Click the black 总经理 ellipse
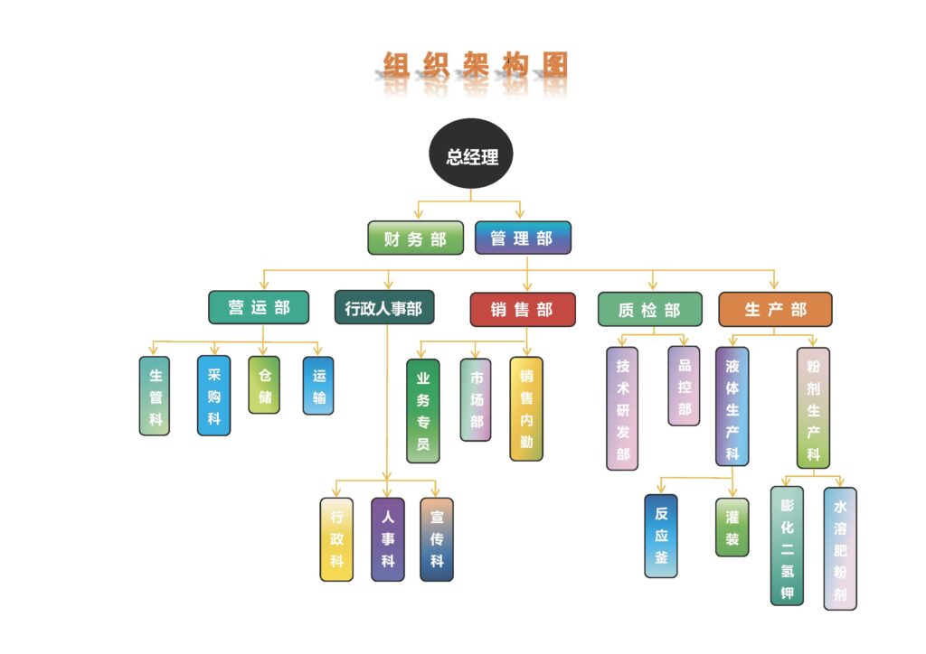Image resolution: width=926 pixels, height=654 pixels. click(x=471, y=156)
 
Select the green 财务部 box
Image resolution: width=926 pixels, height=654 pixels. click(x=415, y=238)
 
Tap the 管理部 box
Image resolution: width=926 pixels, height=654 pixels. click(x=523, y=238)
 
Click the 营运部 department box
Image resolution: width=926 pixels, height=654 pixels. click(x=259, y=307)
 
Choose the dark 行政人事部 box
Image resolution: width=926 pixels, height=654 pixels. click(x=383, y=307)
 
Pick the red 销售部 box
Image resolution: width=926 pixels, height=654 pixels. click(x=523, y=309)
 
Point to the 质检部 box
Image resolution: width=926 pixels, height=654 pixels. click(x=649, y=309)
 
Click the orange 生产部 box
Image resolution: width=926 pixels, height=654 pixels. click(x=775, y=309)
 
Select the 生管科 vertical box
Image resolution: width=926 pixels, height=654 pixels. click(x=155, y=396)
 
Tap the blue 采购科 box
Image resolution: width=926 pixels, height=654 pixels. click(x=213, y=396)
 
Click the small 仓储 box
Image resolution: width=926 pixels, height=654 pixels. click(x=264, y=385)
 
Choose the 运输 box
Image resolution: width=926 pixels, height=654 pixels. click(x=318, y=386)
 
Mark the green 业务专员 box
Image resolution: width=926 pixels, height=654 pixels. click(x=422, y=411)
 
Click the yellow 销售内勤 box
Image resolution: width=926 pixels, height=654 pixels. click(x=526, y=409)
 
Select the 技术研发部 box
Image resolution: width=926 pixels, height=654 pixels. click(x=622, y=408)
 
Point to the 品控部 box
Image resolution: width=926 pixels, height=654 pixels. click(x=684, y=386)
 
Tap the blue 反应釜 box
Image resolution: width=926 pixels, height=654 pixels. click(x=661, y=536)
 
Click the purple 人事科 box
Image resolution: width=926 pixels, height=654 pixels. click(x=388, y=539)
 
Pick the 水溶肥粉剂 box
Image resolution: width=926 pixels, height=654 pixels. click(x=840, y=548)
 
